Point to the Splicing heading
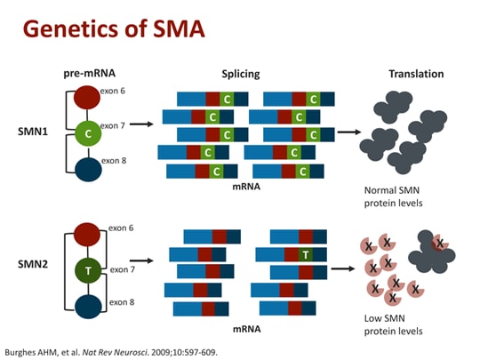click(240, 74)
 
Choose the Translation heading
click(416, 74)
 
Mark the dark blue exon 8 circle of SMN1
click(87, 168)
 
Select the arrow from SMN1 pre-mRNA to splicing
click(140, 124)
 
